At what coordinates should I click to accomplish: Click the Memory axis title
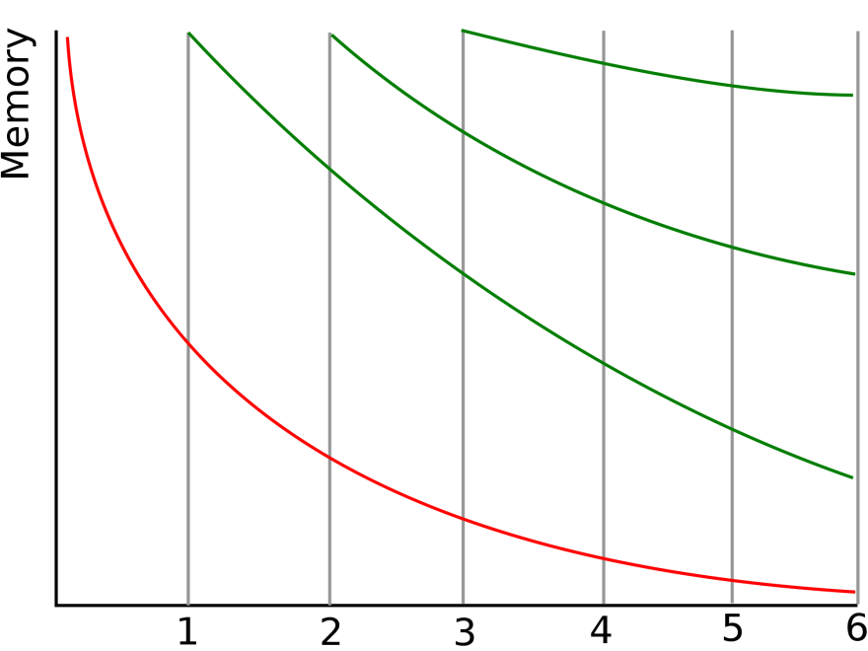[17, 104]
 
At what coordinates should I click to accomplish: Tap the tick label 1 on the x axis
[187, 631]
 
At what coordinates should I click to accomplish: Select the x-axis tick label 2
[330, 631]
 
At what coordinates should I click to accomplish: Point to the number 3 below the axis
[464, 631]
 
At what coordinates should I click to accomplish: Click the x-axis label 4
[601, 630]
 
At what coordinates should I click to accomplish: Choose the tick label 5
[733, 629]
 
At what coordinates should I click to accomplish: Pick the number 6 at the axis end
[857, 629]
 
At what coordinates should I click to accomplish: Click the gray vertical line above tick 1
[188, 319]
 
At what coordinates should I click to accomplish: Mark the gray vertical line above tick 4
[604, 318]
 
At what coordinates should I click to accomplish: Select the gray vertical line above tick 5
[732, 318]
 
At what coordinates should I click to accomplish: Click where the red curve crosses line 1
[188, 344]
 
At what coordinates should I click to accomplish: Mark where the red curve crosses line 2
[329, 458]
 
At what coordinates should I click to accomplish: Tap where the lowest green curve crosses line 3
[463, 274]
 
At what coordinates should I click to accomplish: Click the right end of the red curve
[855, 593]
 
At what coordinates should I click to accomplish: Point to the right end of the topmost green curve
[852, 96]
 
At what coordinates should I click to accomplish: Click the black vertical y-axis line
[56, 319]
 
